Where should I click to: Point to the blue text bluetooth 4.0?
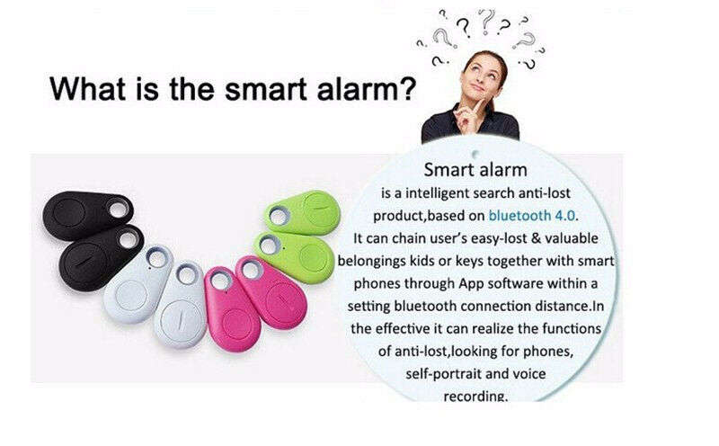click(x=534, y=216)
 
